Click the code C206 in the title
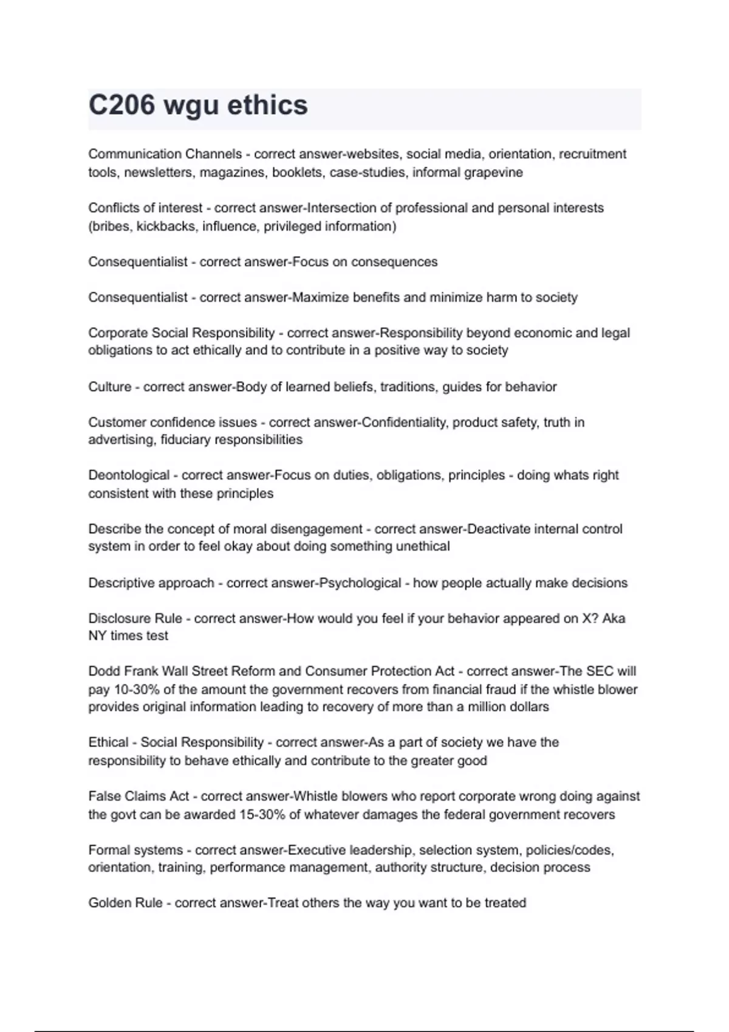click(x=122, y=105)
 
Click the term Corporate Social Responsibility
click(x=181, y=333)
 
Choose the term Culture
click(x=109, y=387)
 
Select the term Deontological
click(x=129, y=475)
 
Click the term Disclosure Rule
click(x=135, y=618)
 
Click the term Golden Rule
click(x=125, y=903)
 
